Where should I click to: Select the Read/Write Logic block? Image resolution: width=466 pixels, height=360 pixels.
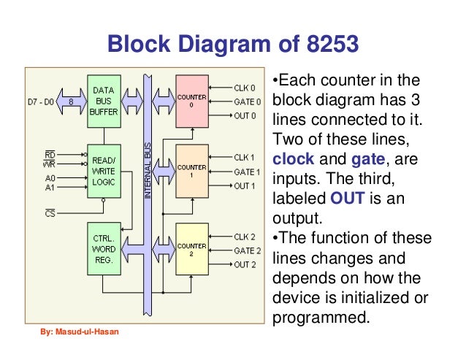(104, 169)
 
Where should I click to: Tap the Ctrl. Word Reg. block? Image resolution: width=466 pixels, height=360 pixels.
(103, 249)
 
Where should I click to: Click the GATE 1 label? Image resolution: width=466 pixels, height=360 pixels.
(247, 172)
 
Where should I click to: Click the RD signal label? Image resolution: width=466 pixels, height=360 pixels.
(50, 154)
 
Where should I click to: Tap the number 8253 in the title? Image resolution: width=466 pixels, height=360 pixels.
(328, 45)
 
